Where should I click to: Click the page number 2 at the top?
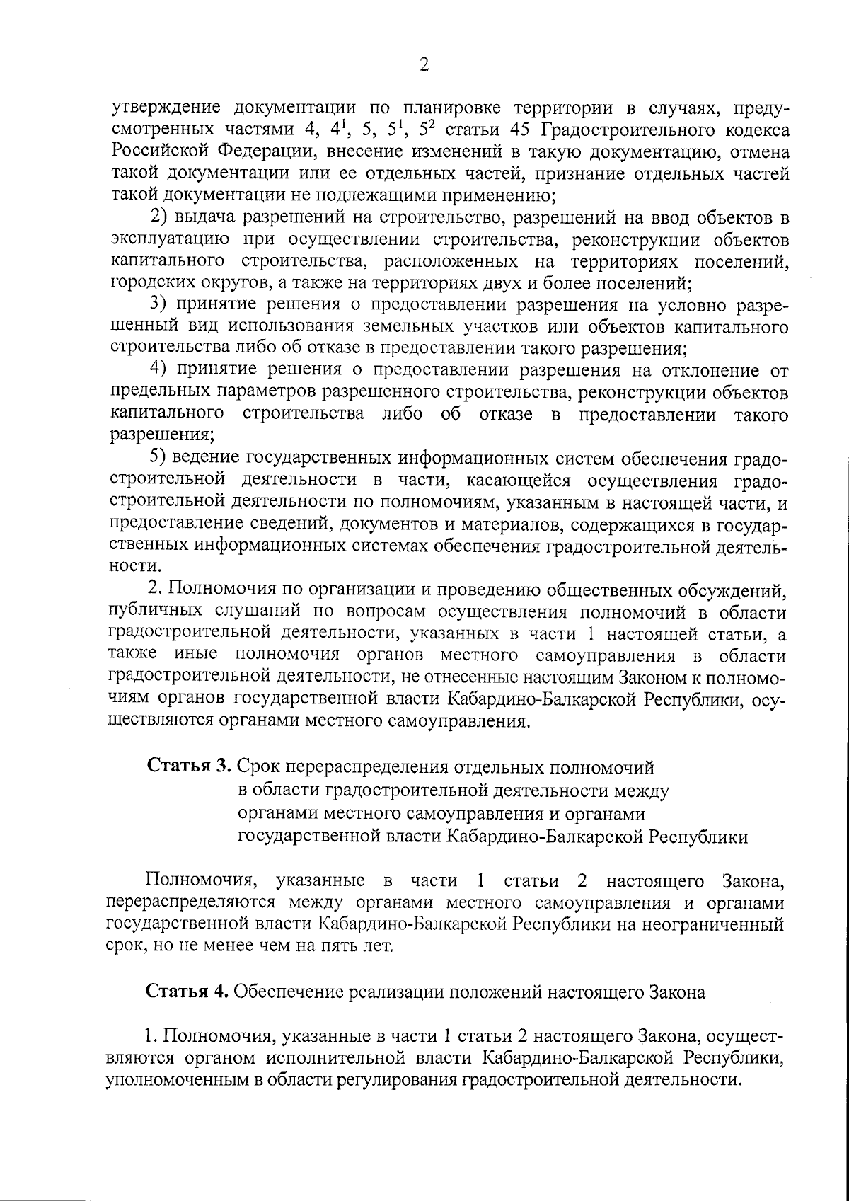point(424,65)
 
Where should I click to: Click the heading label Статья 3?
point(189,766)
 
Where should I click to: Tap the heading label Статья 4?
point(187,992)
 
